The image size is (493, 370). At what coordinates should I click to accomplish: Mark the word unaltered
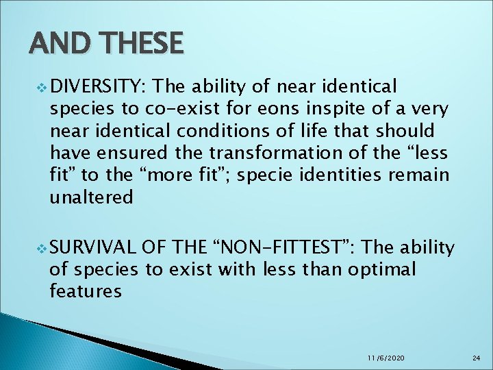coord(91,197)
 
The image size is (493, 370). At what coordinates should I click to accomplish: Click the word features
coord(86,292)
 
